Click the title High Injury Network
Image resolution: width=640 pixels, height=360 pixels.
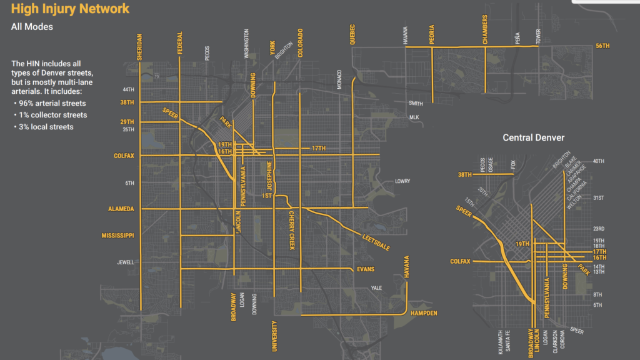pos(71,9)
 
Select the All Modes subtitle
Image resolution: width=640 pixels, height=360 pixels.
pos(32,27)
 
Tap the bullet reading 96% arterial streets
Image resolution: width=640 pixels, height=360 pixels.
pos(52,103)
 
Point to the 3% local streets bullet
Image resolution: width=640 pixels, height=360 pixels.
pos(45,127)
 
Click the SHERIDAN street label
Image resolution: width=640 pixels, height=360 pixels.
pos(139,47)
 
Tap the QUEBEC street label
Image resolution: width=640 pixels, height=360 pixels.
pos(352,35)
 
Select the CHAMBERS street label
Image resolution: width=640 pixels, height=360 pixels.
pos(485,30)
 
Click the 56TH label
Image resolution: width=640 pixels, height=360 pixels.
pos(602,46)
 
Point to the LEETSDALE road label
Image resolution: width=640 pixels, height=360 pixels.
pos(376,242)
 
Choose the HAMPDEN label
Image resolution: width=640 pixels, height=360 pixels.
pos(424,312)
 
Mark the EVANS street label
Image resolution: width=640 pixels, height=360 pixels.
pos(365,269)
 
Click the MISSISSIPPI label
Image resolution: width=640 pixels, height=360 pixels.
pos(118,236)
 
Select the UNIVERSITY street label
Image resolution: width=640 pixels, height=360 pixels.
pos(274,336)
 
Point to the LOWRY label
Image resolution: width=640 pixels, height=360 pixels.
pos(402,181)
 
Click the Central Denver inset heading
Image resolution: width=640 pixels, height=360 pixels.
pos(534,137)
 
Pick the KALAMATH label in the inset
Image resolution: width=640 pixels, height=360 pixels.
pos(500,342)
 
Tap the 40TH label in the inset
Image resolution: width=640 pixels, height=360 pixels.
pos(598,161)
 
